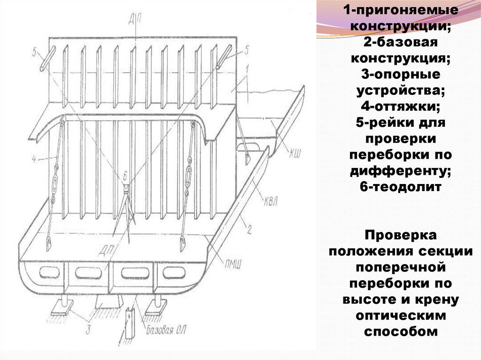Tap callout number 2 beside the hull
pyautogui.click(x=249, y=230)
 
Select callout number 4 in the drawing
pyautogui.click(x=34, y=160)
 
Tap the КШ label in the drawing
pyautogui.click(x=295, y=152)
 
